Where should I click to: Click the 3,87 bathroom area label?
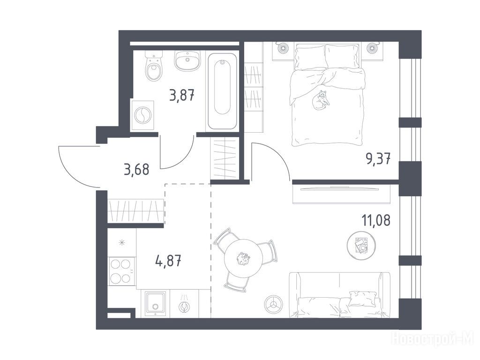[x=182, y=95]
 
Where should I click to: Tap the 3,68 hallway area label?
[x=136, y=169]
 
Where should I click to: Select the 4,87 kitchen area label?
[x=168, y=261]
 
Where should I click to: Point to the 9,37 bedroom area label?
[x=378, y=158]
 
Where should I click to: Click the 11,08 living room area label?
[x=376, y=220]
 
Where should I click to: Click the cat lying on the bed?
[x=321, y=100]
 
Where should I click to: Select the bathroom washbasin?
[x=187, y=61]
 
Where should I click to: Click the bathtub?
[x=223, y=91]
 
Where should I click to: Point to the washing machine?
[x=142, y=115]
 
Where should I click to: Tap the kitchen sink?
[x=156, y=303]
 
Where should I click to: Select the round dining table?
[x=244, y=259]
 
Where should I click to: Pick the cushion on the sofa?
[x=363, y=298]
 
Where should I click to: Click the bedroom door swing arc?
[x=276, y=157]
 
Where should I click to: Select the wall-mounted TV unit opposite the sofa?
[x=342, y=195]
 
